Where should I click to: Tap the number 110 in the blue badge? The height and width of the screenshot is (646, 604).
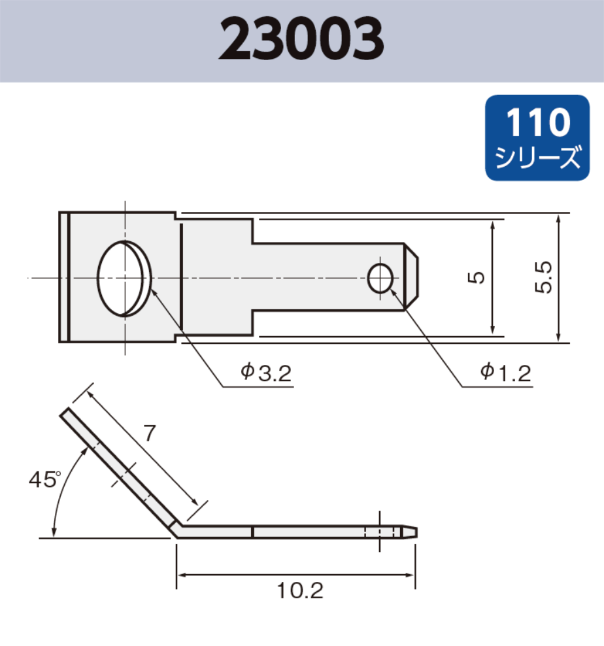click(x=538, y=123)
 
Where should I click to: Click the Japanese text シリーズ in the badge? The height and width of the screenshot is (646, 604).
click(x=538, y=158)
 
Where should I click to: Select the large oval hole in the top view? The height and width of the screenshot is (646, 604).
click(x=124, y=278)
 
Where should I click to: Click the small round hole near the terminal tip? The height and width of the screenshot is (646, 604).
click(x=380, y=279)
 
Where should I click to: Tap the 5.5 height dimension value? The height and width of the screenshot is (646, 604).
click(x=545, y=277)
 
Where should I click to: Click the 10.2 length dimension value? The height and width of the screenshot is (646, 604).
click(x=300, y=591)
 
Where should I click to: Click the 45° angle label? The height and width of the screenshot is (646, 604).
click(x=44, y=480)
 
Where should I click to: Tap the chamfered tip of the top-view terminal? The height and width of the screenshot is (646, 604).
click(x=411, y=277)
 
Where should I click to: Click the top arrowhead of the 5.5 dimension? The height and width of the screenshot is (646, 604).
click(x=558, y=218)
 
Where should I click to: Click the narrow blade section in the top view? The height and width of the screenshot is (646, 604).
click(x=320, y=277)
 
